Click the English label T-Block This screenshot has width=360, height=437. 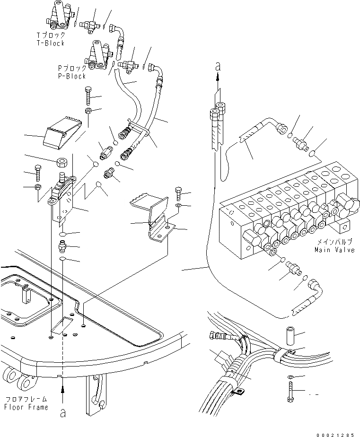coord(51,43)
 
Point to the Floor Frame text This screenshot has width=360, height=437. coord(26,407)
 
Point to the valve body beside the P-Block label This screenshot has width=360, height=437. coord(99,57)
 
